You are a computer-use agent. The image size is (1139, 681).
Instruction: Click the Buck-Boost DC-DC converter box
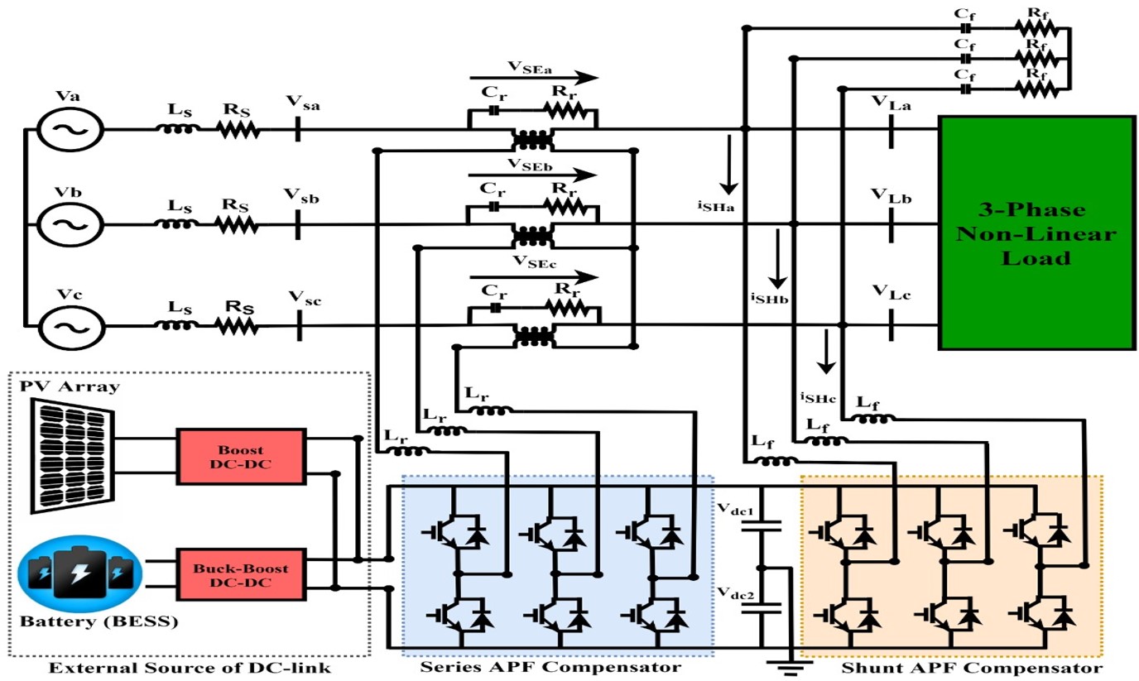[240, 575]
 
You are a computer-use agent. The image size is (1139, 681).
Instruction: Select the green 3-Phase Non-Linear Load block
[1036, 233]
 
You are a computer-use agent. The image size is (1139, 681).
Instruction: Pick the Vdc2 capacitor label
[734, 593]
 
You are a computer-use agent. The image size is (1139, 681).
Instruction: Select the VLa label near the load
[891, 103]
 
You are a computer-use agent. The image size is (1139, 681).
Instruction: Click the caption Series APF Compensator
[550, 666]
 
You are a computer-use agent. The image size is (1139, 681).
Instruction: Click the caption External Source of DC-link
[190, 667]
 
